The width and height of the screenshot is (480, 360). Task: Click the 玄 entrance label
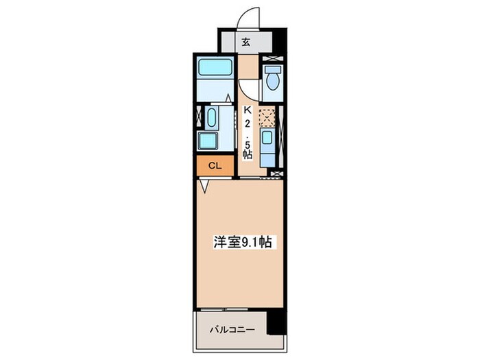(x=246, y=40)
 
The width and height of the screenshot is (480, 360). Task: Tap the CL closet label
(x=215, y=165)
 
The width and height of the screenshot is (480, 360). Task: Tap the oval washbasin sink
(x=211, y=117)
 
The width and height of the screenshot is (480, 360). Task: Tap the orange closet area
(x=215, y=165)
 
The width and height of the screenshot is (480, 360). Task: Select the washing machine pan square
(x=208, y=140)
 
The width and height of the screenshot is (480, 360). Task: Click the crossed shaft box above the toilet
(x=274, y=60)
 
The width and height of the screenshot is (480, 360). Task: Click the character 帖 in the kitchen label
(x=246, y=154)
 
